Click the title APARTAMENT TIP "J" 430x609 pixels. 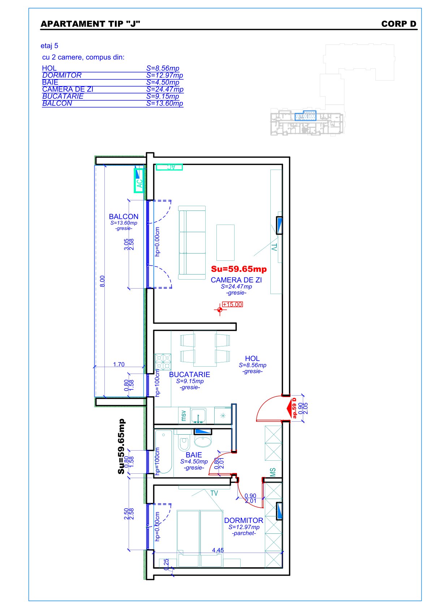[90, 24]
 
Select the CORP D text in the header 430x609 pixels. [399, 24]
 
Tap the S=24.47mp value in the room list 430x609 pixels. [165, 89]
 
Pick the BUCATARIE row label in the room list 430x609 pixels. [63, 96]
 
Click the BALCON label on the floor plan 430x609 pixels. [124, 216]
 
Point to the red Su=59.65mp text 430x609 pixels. [239, 269]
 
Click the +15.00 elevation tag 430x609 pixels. [232, 304]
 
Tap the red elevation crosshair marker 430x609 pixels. [220, 310]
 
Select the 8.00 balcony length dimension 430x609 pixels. [102, 281]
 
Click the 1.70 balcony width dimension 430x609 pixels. [119, 364]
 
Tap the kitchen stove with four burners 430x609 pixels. [163, 362]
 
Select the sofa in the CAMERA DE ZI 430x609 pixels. [192, 243]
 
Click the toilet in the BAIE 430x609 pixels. [184, 443]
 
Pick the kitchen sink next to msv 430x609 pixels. [198, 416]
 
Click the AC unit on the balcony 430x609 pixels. [139, 180]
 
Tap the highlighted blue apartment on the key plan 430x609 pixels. [306, 116]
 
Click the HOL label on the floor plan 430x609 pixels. [252, 359]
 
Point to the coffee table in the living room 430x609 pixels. [225, 243]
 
